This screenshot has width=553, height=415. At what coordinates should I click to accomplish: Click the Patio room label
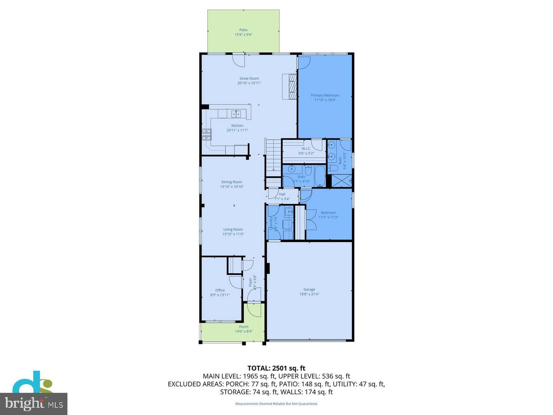pyautogui.click(x=243, y=30)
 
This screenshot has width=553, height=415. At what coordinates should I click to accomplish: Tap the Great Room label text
pyautogui.click(x=249, y=78)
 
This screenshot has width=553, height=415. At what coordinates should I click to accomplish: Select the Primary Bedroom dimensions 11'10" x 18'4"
pyautogui.click(x=325, y=100)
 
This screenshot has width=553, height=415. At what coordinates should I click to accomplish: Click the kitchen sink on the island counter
pyautogui.click(x=236, y=113)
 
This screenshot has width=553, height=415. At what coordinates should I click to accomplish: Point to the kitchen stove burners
pyautogui.click(x=207, y=134)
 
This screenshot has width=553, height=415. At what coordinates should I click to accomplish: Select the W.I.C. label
pyautogui.click(x=306, y=149)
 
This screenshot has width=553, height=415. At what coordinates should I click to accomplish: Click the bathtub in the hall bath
pyautogui.click(x=319, y=176)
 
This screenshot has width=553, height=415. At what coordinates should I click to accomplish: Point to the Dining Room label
pyautogui.click(x=232, y=182)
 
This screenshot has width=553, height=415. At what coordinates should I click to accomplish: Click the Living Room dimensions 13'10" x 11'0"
pyautogui.click(x=233, y=234)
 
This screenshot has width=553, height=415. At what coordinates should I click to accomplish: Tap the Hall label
pyautogui.click(x=282, y=194)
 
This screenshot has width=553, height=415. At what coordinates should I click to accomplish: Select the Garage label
pyautogui.click(x=309, y=289)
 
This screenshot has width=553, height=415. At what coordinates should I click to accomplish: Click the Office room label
pyautogui.click(x=220, y=290)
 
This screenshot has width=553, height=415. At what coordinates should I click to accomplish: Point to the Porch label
pyautogui.click(x=243, y=327)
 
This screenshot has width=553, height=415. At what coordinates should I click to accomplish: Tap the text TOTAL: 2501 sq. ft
pyautogui.click(x=276, y=368)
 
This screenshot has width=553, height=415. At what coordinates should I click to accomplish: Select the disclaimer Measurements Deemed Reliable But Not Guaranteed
pyautogui.click(x=276, y=404)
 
